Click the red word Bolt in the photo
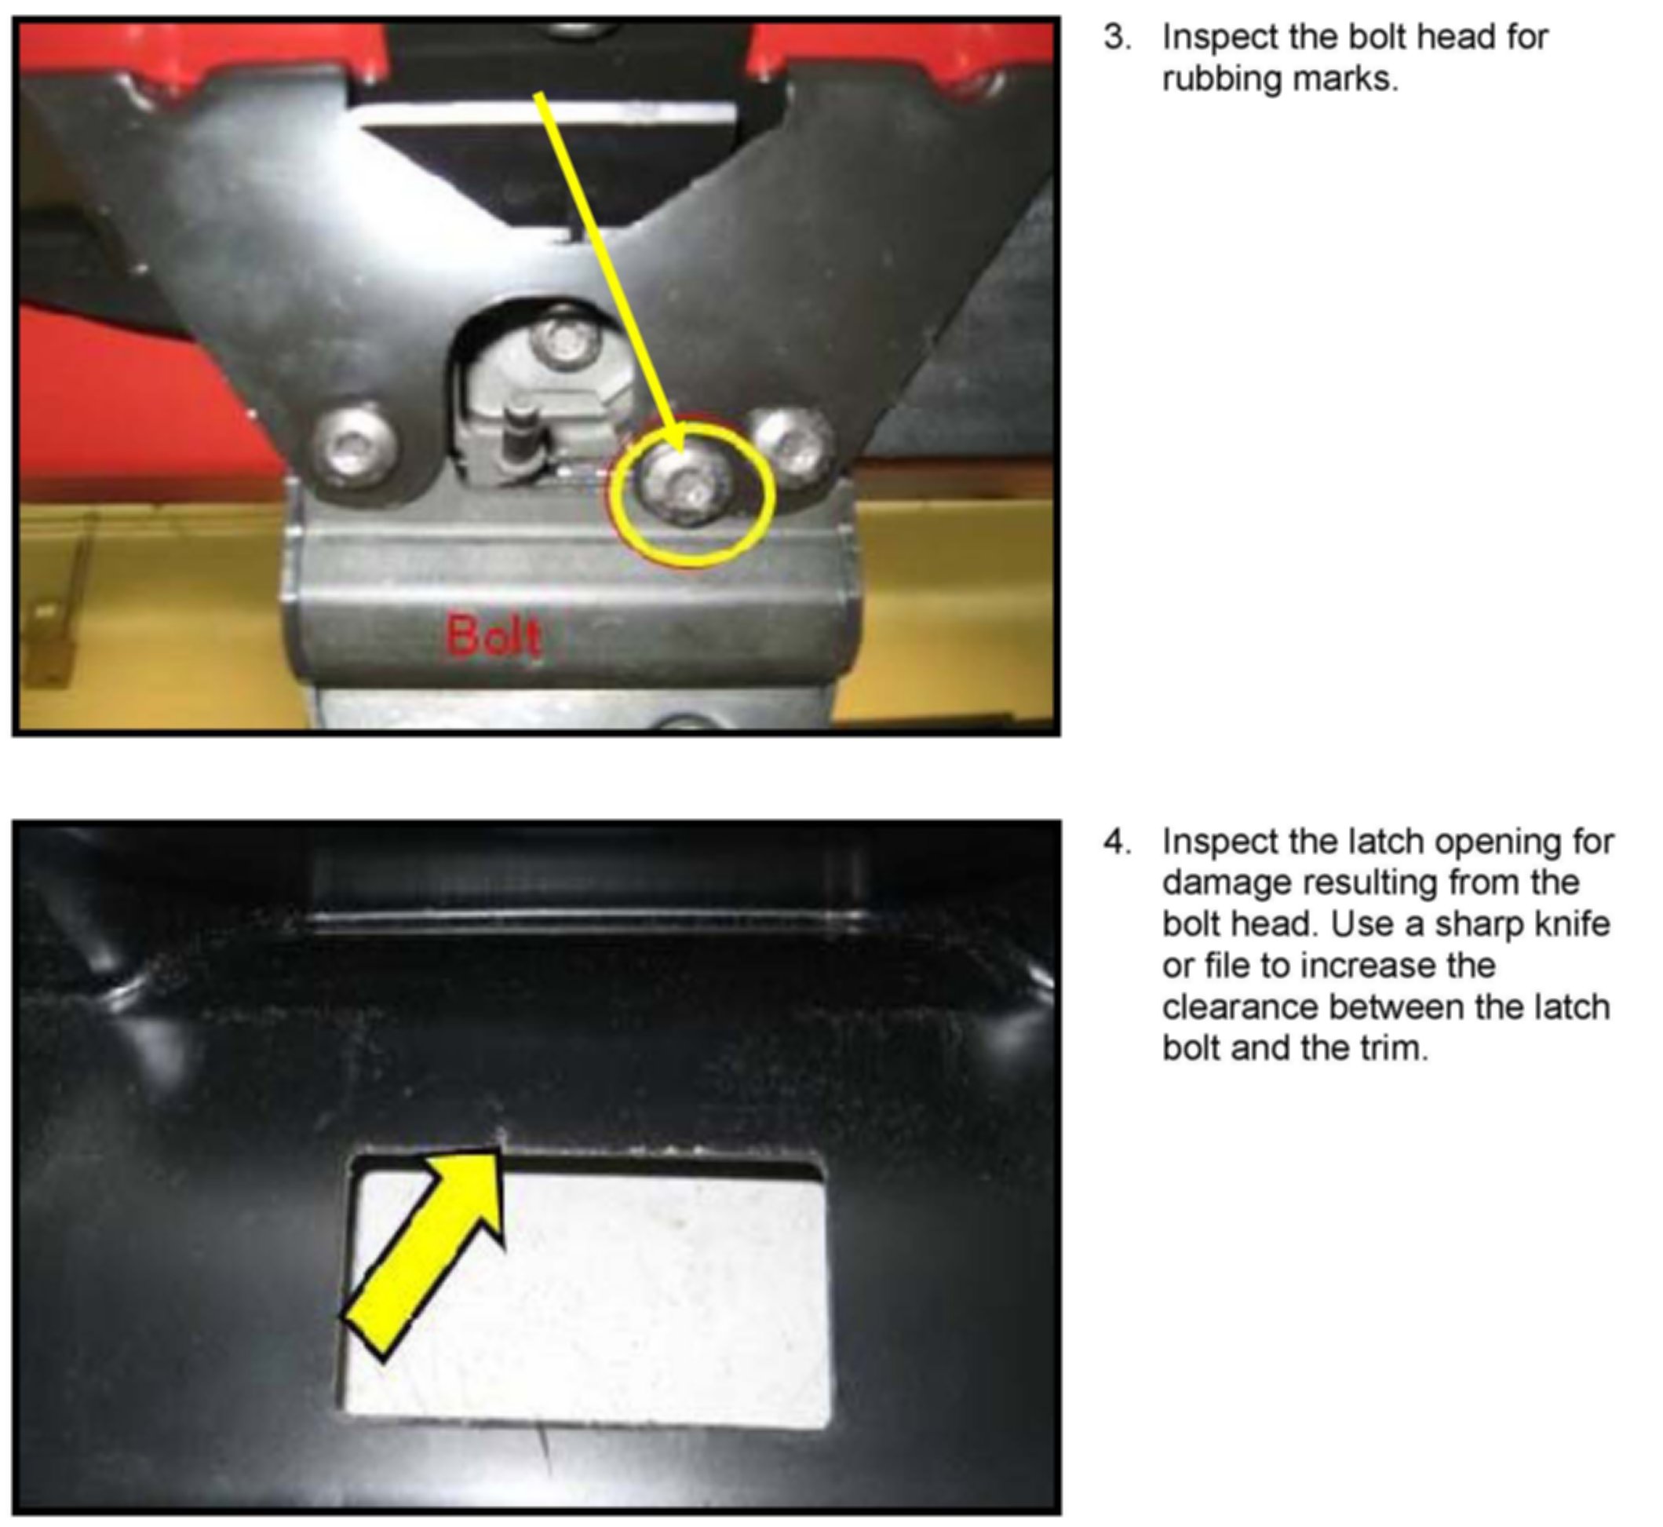point(494,635)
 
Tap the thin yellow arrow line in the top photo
point(609,273)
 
